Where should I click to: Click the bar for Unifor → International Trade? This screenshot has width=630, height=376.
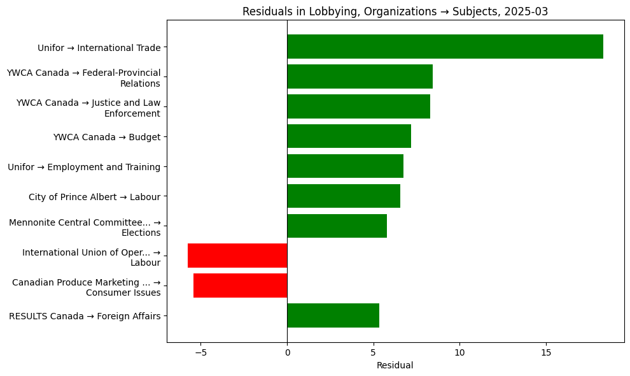tap(445, 47)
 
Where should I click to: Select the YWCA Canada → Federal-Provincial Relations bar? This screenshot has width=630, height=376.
tap(360, 76)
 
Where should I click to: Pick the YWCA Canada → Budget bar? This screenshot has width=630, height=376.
tap(349, 136)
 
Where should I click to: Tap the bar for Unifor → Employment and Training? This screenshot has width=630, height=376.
tap(345, 166)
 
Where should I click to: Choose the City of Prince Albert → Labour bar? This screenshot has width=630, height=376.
tap(344, 196)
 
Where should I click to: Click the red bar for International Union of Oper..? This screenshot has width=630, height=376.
tap(237, 256)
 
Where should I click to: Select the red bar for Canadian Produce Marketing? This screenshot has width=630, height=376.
tap(240, 286)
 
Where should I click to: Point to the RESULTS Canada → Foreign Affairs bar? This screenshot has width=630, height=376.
tap(333, 315)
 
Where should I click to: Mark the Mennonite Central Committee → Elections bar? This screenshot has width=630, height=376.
tap(337, 226)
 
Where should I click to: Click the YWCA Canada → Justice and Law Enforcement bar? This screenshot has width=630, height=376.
tap(358, 106)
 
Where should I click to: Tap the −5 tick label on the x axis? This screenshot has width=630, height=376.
tap(200, 352)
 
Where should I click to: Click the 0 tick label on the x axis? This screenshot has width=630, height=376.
tap(287, 352)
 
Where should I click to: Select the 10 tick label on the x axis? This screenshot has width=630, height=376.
tap(459, 352)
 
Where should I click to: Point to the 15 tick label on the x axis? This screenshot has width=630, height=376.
tap(546, 352)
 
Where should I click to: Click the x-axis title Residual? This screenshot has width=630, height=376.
tap(395, 365)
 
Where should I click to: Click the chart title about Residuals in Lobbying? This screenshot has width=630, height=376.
tap(395, 11)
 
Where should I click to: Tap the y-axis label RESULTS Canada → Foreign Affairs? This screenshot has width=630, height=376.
tap(85, 315)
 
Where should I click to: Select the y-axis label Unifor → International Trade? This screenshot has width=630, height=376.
tap(99, 47)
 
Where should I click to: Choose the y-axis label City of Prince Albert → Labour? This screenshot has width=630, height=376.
tap(94, 197)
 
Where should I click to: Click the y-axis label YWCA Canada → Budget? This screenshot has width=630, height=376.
tap(107, 137)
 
